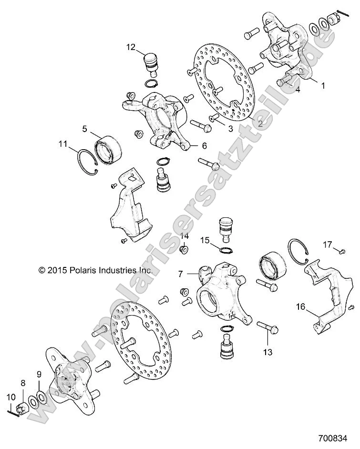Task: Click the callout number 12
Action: (131, 47)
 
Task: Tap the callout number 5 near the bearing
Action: (84, 129)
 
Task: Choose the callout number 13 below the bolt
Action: (267, 352)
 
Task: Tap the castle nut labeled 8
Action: (22, 408)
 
